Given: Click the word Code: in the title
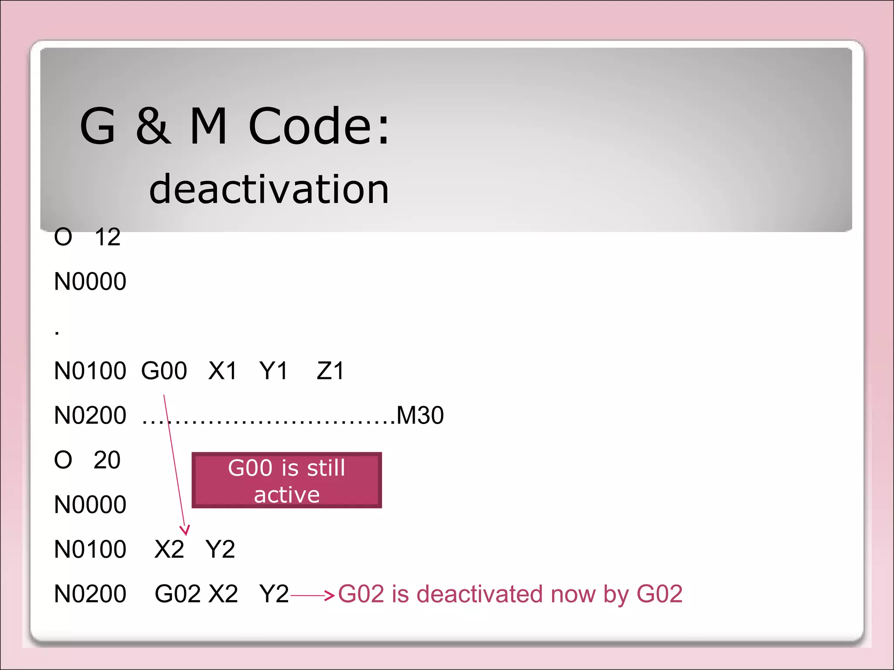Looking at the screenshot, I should [x=319, y=126].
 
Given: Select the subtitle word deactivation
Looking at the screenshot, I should [x=269, y=189].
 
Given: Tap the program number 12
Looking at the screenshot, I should [x=107, y=237].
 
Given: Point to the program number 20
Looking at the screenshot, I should [x=107, y=460].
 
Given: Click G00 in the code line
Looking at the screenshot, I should [x=164, y=371].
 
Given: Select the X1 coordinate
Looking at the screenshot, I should [x=222, y=371].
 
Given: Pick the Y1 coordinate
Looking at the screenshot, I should [x=273, y=371].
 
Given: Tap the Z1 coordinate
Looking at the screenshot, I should [x=330, y=371].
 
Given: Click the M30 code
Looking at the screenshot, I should [x=420, y=415].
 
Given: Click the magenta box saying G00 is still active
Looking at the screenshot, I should [x=287, y=480].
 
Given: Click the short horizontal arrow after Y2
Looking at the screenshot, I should [x=313, y=595].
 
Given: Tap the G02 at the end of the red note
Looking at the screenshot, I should [x=659, y=594].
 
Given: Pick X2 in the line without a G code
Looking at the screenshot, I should [x=169, y=549].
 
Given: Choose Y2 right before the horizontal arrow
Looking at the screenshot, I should [x=274, y=594].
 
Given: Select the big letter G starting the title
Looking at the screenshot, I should [x=98, y=126].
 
